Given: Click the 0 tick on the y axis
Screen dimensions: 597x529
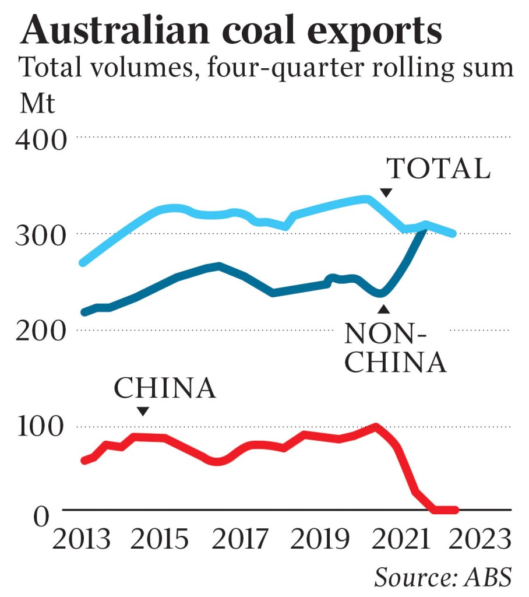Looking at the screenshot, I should (41, 516).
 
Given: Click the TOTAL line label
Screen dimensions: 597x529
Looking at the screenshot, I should (439, 169).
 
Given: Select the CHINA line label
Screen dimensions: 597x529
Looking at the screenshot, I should (165, 388).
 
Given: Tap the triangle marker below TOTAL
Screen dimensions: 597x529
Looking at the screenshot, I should (386, 193).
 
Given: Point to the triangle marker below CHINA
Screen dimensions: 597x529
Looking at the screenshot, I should (143, 412).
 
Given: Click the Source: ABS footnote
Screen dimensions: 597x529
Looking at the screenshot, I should (443, 577).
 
